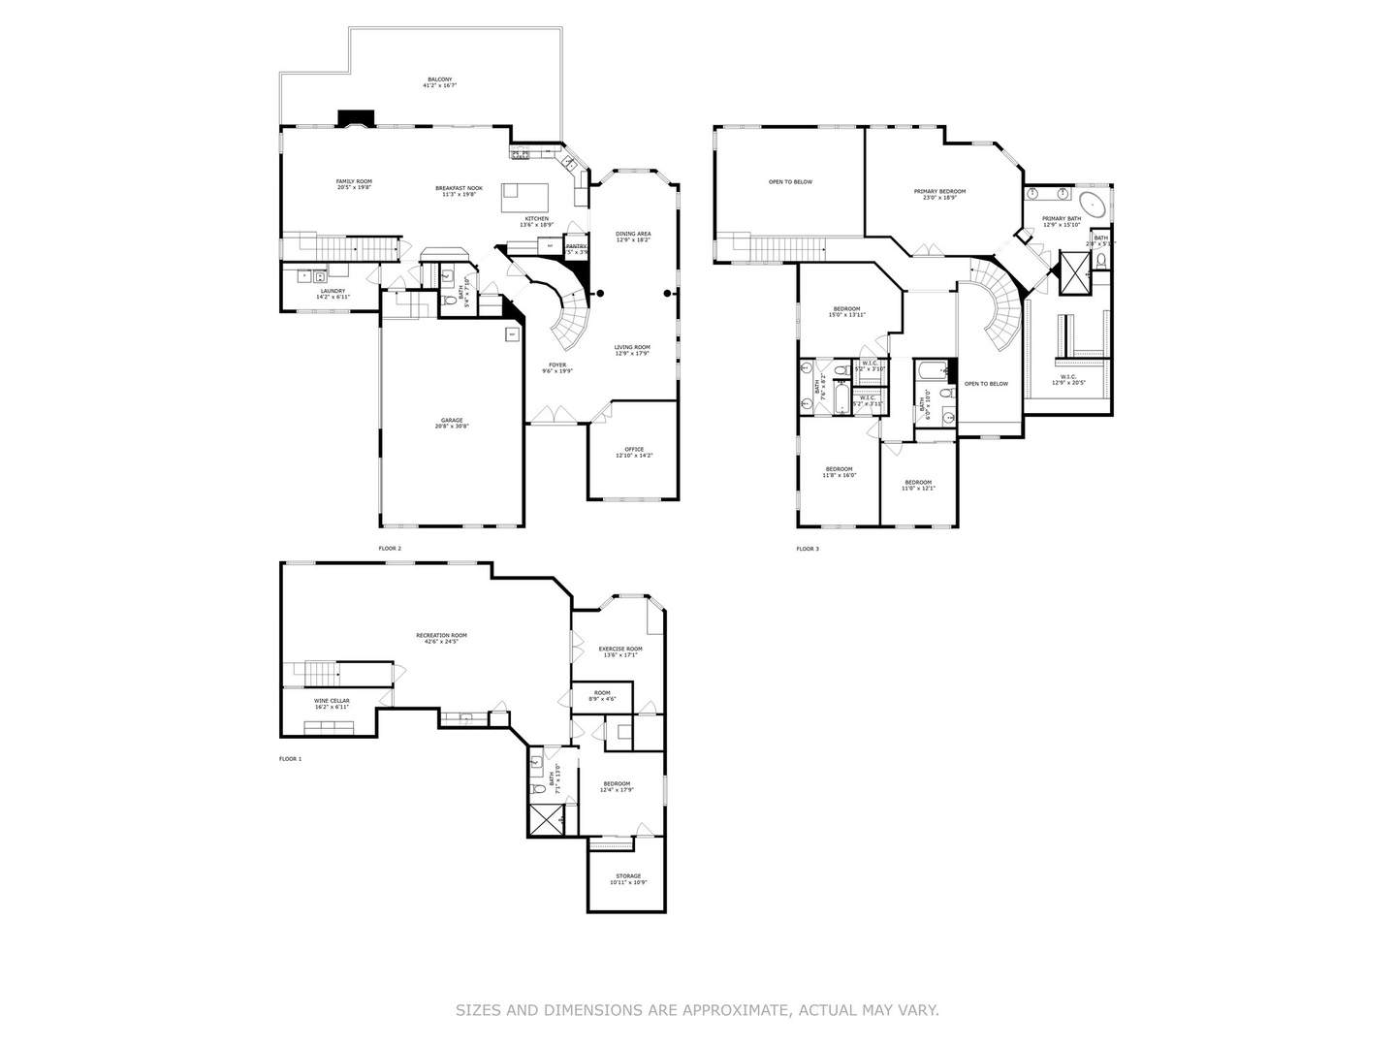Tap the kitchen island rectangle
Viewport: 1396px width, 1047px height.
pos(524,197)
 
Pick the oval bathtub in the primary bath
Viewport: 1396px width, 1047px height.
pos(1093,204)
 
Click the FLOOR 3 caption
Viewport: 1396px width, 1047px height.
pos(808,549)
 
